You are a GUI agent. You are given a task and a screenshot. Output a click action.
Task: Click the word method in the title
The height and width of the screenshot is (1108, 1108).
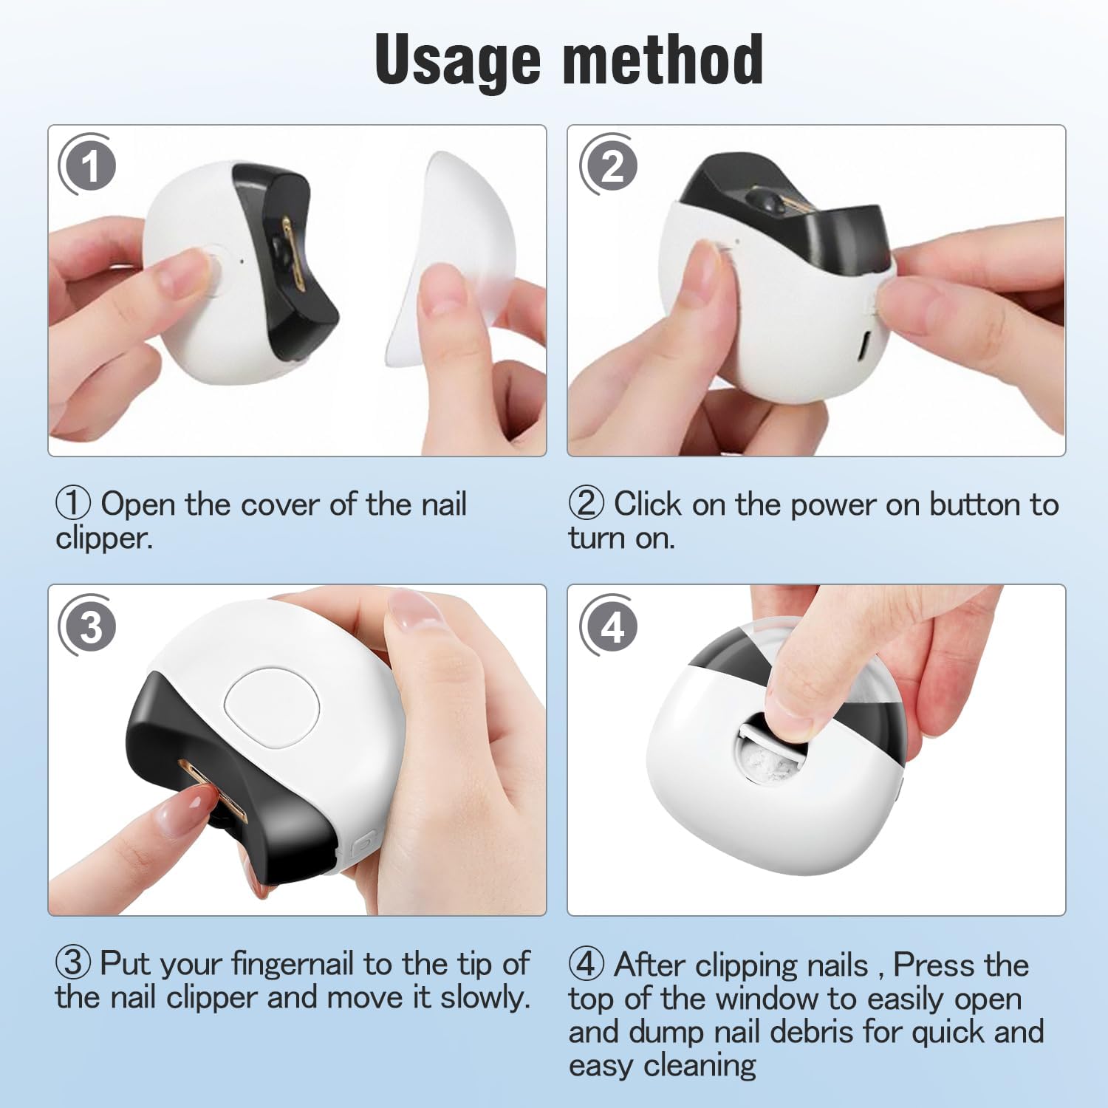pyautogui.click(x=663, y=58)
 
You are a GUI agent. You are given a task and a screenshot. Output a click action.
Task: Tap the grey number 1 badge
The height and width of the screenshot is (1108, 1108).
pyautogui.click(x=88, y=165)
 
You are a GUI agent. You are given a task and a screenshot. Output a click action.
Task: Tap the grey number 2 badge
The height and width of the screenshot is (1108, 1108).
pyautogui.click(x=609, y=165)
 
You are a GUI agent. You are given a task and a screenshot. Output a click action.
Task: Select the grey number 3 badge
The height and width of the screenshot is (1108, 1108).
pyautogui.click(x=88, y=626)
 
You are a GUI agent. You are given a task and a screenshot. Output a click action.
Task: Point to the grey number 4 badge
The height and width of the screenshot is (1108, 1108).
pyautogui.click(x=609, y=626)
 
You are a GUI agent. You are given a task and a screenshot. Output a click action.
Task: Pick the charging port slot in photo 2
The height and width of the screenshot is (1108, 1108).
pyautogui.click(x=865, y=346)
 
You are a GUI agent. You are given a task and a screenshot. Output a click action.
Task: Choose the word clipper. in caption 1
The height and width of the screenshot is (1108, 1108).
pyautogui.click(x=104, y=538)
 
